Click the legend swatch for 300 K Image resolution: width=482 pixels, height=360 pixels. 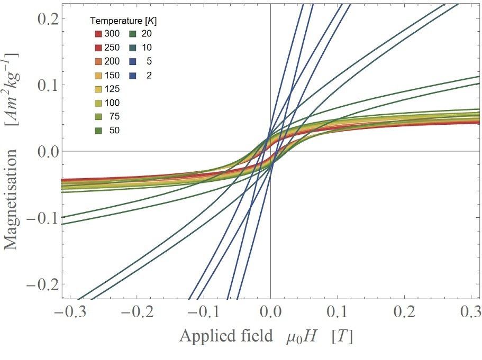click(x=98, y=34)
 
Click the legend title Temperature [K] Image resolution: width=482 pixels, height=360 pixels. click(x=123, y=21)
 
